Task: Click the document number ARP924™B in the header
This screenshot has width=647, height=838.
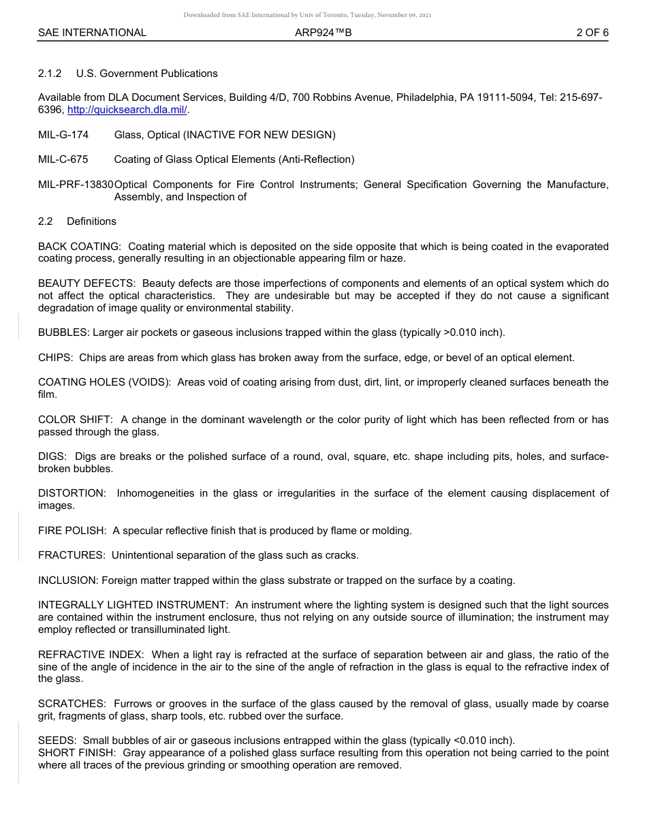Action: (323, 32)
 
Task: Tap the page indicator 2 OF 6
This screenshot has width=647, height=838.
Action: (592, 32)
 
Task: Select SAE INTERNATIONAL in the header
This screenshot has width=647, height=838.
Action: (92, 32)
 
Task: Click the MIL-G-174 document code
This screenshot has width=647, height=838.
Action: (63, 135)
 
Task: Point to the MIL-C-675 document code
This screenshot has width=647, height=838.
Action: (63, 159)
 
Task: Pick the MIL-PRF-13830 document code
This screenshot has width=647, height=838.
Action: (76, 185)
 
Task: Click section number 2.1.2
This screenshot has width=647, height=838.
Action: (50, 73)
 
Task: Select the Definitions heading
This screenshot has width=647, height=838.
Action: (91, 221)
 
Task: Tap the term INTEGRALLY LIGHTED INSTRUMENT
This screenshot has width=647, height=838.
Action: (133, 605)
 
